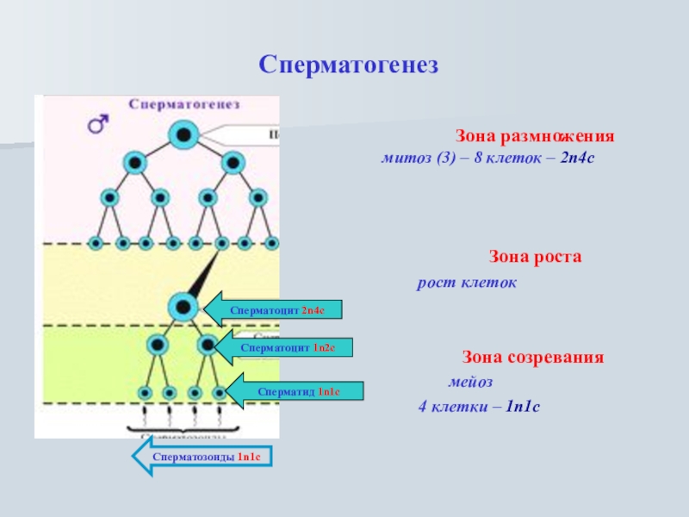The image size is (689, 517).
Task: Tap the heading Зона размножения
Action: [534, 137]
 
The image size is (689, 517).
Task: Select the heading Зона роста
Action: [536, 257]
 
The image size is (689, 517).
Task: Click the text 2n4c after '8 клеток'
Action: [577, 160]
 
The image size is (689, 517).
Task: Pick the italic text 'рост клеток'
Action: [467, 282]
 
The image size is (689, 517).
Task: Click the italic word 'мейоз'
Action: [470, 381]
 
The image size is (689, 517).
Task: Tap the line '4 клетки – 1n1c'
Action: [479, 405]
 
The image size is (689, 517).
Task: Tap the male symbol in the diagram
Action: [97, 126]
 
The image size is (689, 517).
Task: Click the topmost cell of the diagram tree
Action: [183, 134]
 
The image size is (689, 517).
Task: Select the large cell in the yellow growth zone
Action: [182, 306]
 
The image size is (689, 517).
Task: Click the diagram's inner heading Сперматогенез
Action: [185, 103]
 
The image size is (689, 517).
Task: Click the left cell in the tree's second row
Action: [133, 162]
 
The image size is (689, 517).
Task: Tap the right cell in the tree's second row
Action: [232, 162]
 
